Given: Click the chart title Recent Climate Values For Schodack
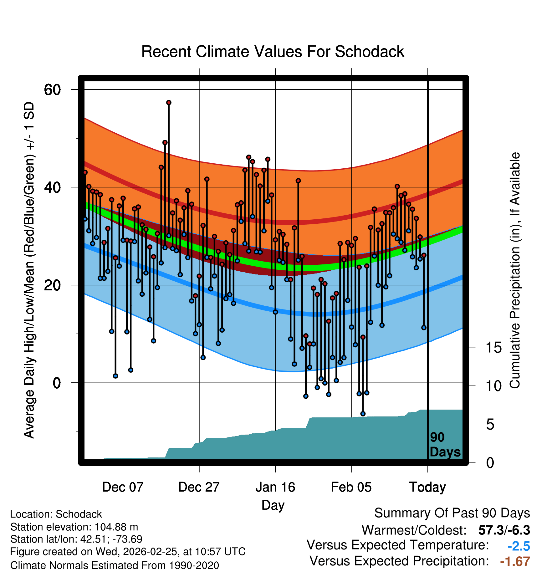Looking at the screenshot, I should [273, 52].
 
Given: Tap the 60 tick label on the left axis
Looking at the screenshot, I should [52, 90].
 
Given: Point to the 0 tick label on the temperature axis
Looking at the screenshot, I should [57, 383].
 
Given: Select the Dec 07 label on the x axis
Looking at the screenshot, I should [123, 487].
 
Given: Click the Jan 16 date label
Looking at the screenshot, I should [275, 487].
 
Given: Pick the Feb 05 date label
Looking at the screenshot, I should [351, 487].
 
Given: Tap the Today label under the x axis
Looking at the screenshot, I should [427, 487].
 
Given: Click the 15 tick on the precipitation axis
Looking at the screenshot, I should [493, 348].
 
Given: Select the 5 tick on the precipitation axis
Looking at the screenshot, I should [490, 425].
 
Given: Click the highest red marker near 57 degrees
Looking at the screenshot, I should [169, 103].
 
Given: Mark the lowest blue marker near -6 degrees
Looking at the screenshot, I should [363, 414].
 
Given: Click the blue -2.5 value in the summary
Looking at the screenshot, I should [519, 546].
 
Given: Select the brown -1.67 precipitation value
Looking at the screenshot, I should [515, 562].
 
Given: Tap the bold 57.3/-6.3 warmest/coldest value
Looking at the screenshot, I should [504, 530].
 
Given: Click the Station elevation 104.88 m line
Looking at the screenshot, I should [74, 527].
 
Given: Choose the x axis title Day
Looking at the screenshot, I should [273, 505].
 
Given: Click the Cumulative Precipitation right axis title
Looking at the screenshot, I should [515, 270].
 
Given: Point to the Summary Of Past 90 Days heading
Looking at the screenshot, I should [452, 513].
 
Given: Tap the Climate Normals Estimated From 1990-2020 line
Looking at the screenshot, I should [115, 565].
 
